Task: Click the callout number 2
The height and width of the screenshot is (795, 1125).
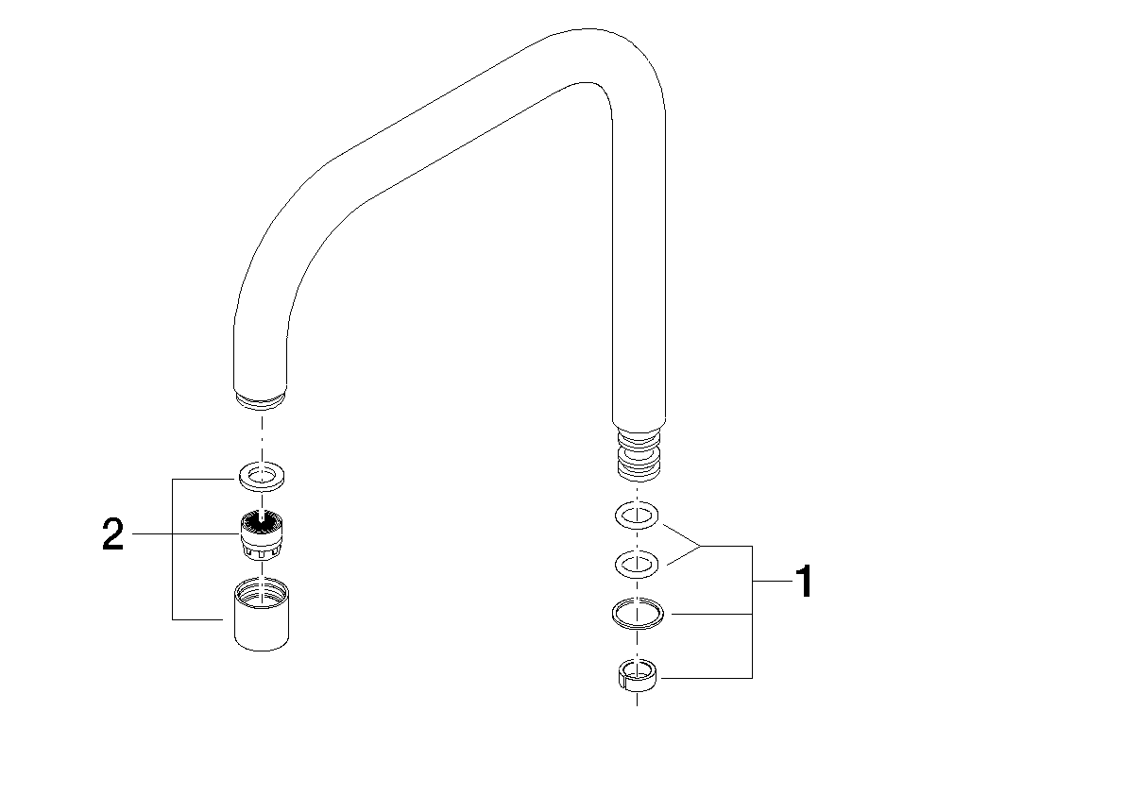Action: pyautogui.click(x=112, y=534)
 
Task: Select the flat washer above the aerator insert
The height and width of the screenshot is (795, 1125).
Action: pyautogui.click(x=263, y=476)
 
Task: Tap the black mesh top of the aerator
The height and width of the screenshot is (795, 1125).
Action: pyautogui.click(x=262, y=519)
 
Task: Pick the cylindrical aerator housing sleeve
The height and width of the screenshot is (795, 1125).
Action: pyautogui.click(x=262, y=615)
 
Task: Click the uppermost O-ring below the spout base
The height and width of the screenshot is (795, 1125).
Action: pyautogui.click(x=637, y=516)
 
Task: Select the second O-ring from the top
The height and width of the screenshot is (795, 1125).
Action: pyautogui.click(x=637, y=565)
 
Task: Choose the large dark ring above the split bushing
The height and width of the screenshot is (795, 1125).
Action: pyautogui.click(x=637, y=615)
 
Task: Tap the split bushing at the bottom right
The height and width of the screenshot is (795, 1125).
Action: pyautogui.click(x=637, y=675)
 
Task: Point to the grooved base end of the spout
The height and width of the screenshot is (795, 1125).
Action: pyautogui.click(x=638, y=454)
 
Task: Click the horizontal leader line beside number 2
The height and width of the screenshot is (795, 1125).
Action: pyautogui.click(x=185, y=534)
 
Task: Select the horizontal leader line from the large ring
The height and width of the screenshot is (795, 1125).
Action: pyautogui.click(x=707, y=614)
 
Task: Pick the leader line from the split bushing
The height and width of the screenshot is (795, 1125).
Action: pyautogui.click(x=706, y=677)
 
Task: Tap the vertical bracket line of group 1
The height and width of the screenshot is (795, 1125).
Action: pyautogui.click(x=751, y=612)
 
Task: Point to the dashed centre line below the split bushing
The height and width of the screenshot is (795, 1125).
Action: pyautogui.click(x=637, y=699)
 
